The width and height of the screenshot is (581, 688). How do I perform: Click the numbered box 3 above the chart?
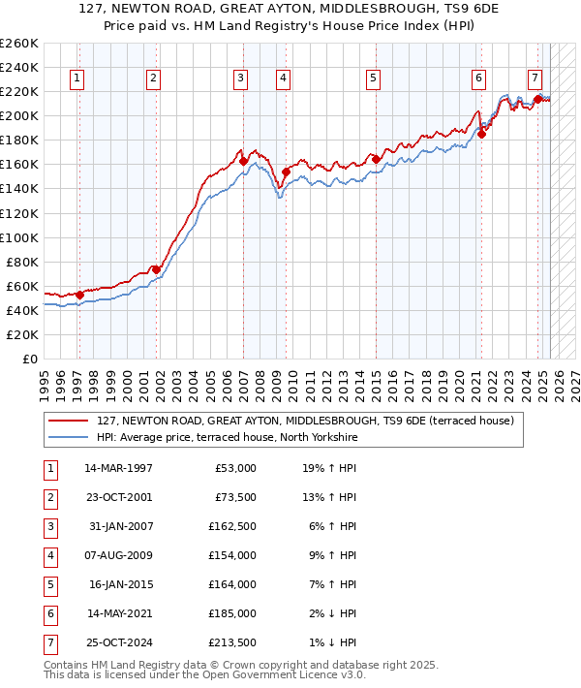point(240,79)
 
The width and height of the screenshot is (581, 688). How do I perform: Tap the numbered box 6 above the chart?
point(478,79)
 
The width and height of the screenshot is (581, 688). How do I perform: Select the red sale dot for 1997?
point(79,295)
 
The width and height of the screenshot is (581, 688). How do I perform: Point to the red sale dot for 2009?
point(286,172)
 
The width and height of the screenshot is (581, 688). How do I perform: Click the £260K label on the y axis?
point(18,44)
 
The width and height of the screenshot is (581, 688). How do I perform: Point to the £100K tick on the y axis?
point(18,237)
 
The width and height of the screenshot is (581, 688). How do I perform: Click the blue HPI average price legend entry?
point(228,437)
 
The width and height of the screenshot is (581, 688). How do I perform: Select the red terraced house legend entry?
point(310,421)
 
